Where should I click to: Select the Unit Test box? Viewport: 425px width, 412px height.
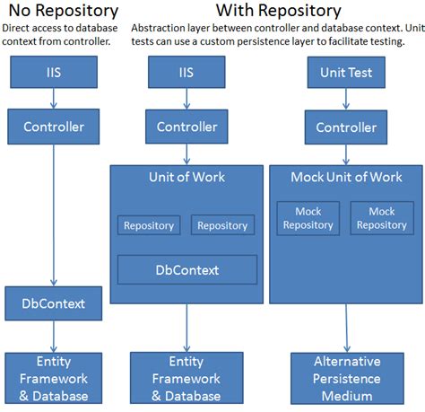(345, 72)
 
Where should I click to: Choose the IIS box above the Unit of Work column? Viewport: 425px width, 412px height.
(186, 72)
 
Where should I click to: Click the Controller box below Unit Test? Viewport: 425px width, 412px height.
(345, 127)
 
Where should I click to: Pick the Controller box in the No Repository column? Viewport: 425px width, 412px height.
(53, 127)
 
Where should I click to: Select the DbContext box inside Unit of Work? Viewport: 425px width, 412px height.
(186, 269)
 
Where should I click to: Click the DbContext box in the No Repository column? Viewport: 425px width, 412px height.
(53, 303)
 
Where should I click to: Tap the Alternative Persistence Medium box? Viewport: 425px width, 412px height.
(346, 378)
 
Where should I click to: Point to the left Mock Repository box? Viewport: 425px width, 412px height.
(308, 218)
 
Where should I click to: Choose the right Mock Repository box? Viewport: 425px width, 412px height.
(382, 218)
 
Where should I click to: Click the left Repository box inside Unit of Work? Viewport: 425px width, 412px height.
(149, 225)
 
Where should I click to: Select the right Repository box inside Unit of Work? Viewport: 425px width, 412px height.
(222, 225)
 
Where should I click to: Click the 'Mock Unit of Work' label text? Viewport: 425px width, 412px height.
(346, 177)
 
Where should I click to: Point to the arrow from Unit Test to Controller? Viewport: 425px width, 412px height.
(345, 99)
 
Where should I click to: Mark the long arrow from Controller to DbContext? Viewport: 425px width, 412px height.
(53, 215)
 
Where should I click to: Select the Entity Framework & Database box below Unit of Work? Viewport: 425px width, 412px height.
(186, 378)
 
